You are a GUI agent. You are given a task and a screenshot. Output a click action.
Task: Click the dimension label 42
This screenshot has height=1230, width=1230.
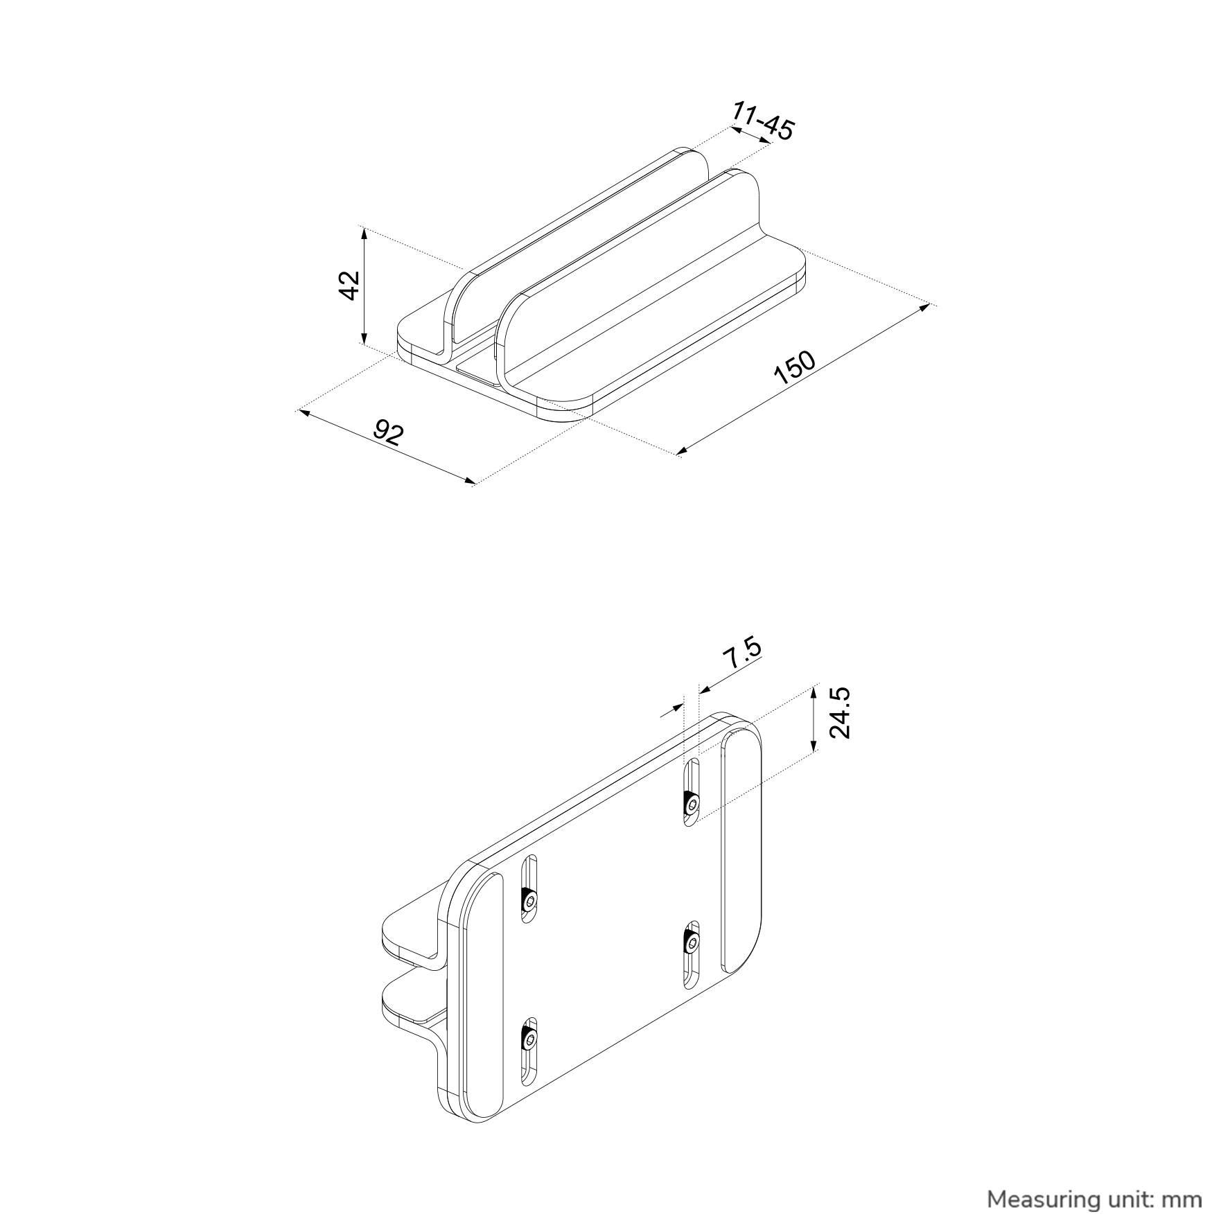click(351, 285)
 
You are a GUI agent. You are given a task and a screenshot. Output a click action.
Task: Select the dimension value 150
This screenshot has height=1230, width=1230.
click(795, 368)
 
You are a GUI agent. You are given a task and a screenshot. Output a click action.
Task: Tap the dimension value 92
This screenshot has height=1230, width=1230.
click(389, 432)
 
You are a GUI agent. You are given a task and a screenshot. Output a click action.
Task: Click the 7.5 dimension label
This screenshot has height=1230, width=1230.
click(742, 653)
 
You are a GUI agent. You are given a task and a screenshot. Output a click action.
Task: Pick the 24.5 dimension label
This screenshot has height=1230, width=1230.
click(839, 714)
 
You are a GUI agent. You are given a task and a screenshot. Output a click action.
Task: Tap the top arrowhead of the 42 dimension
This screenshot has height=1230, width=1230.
click(363, 232)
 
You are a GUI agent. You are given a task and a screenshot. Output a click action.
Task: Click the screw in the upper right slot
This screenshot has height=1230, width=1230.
click(691, 803)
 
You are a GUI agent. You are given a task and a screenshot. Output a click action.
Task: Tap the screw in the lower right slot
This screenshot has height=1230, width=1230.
click(691, 942)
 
